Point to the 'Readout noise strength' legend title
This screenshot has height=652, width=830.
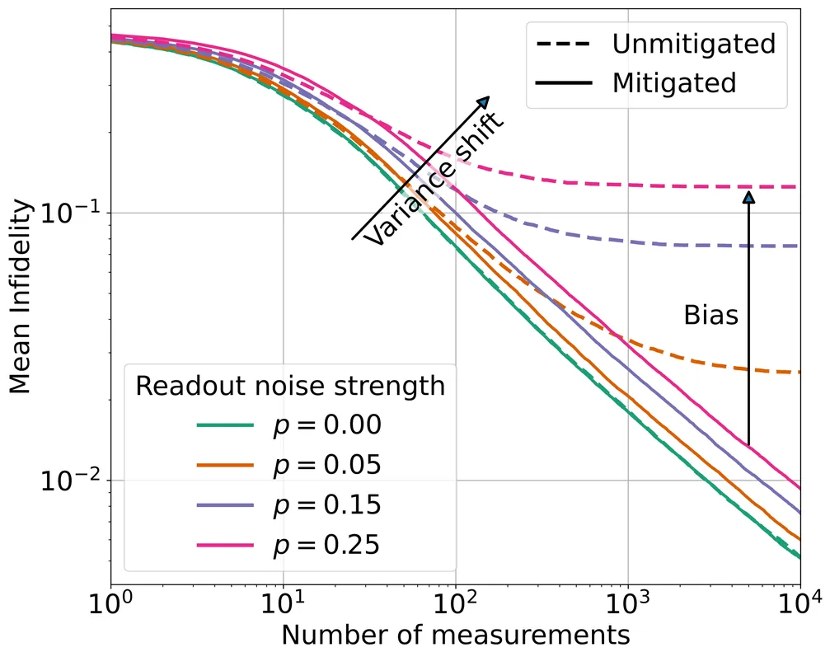[290, 385]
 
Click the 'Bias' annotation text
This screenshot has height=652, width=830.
[710, 315]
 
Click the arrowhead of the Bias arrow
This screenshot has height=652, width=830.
[748, 196]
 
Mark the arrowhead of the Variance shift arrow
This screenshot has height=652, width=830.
[485, 101]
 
